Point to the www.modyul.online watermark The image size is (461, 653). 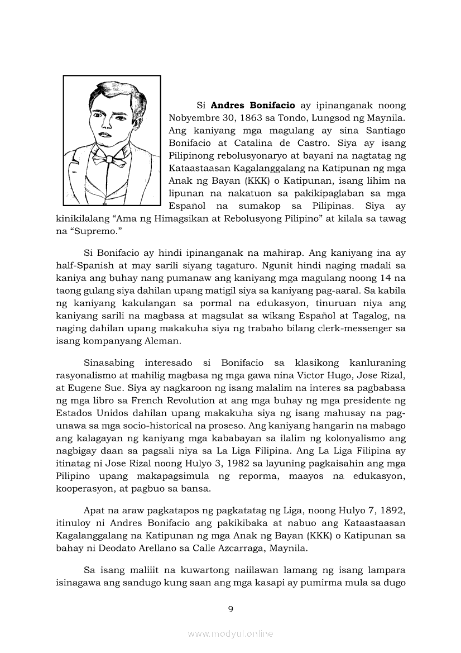tap(231, 633)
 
